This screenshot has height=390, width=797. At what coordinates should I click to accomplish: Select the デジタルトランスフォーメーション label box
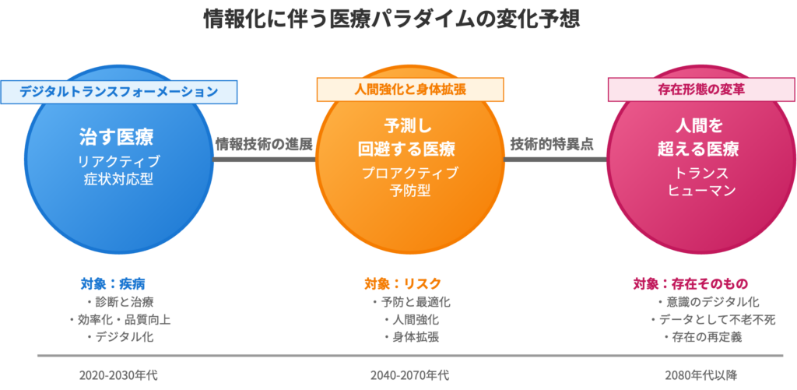coord(118,91)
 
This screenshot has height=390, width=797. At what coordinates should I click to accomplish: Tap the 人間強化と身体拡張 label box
coord(409,90)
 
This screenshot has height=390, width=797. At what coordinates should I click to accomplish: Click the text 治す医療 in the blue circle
coord(116,137)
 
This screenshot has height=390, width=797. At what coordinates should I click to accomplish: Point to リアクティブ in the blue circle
coord(119,162)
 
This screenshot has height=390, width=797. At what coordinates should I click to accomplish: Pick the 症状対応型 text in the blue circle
coord(119,180)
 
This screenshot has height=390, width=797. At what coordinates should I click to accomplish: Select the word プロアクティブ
coord(410,172)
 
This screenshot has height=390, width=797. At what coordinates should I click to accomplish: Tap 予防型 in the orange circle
coord(410,190)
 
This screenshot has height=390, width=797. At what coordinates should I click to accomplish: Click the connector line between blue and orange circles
coord(264,159)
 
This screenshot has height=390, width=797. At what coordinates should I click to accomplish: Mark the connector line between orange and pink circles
coord(555,159)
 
